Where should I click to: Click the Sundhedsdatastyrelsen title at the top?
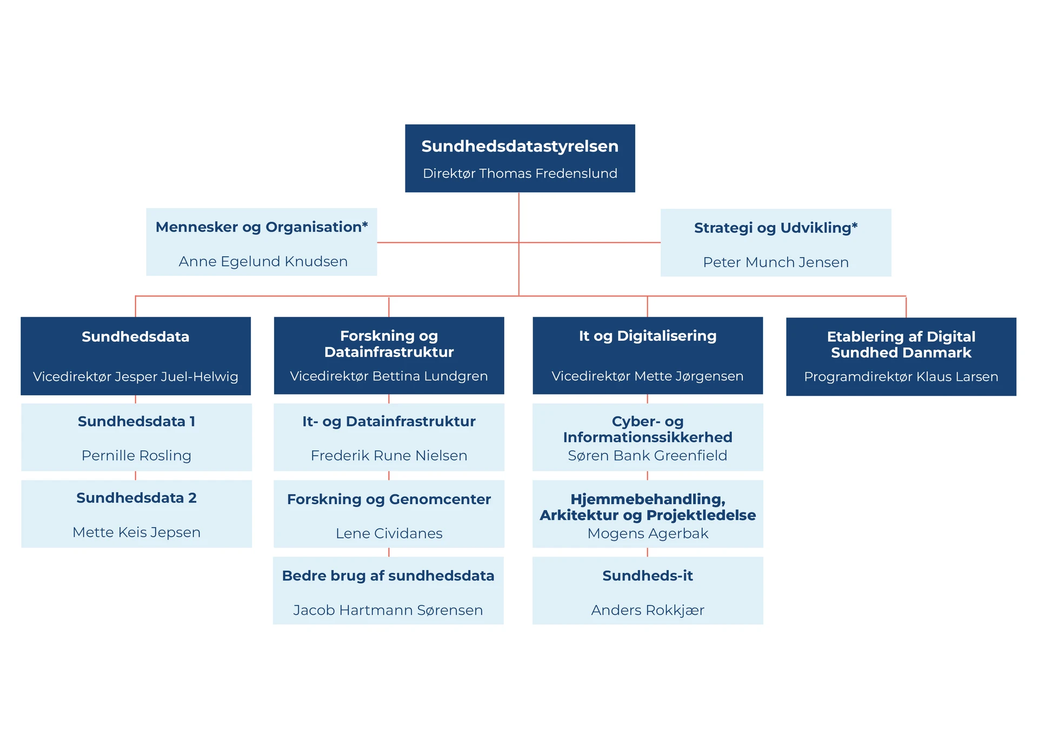[x=520, y=146]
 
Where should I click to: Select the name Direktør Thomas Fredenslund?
[x=520, y=173]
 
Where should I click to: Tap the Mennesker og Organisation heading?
[x=262, y=227]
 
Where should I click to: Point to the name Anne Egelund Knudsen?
[x=263, y=261]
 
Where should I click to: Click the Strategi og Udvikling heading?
[x=775, y=228]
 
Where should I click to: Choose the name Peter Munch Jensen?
[x=775, y=262]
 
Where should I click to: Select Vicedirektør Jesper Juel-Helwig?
[x=135, y=376]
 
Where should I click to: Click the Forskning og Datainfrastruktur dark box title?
[x=389, y=343]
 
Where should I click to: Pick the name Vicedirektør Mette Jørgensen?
[x=647, y=376]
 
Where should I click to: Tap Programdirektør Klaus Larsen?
[x=901, y=376]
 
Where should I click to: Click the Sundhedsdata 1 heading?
[x=136, y=421]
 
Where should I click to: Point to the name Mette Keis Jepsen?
[x=136, y=532]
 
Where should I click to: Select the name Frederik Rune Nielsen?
[x=389, y=455]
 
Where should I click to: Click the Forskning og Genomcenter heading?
[x=389, y=499]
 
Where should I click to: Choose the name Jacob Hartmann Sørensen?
[x=388, y=610]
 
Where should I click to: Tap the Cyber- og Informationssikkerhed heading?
[x=647, y=429]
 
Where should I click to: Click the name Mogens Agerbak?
[x=647, y=533]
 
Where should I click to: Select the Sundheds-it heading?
[x=647, y=576]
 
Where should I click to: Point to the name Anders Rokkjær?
[x=647, y=610]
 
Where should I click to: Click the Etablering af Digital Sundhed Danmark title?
[x=901, y=345]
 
